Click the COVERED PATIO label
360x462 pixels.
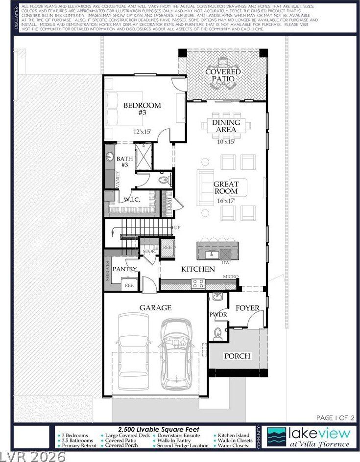coord(223,75)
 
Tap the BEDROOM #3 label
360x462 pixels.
coord(142,109)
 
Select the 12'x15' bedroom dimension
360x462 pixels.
coord(143,131)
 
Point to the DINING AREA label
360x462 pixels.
coord(226,126)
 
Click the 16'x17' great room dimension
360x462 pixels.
coord(226,201)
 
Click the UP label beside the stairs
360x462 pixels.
coord(177,228)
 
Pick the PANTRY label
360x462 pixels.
coord(124,269)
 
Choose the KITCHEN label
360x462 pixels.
coord(198,269)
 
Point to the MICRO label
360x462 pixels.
coord(231,277)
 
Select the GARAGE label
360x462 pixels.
coord(155,307)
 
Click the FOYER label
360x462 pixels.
coord(247,308)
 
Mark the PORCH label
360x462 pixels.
coord(237,356)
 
